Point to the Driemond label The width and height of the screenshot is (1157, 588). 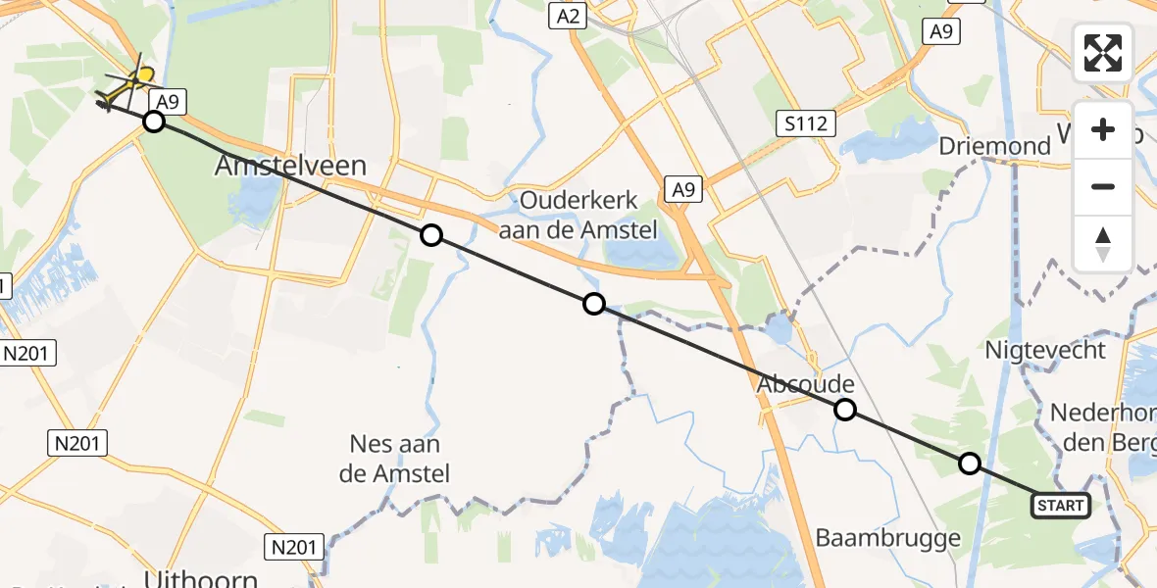994,147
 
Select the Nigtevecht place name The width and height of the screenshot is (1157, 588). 1044,350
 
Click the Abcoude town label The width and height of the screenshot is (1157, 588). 805,385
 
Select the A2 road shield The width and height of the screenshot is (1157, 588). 568,16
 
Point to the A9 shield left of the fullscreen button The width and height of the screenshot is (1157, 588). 939,32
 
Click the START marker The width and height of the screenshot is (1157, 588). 1060,506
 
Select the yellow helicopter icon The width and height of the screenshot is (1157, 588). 127,86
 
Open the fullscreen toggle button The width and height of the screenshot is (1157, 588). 1103,53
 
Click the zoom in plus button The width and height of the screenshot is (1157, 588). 1103,129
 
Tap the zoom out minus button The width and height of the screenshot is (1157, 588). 1103,186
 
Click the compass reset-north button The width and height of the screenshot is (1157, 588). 1103,243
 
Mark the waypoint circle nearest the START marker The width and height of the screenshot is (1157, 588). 970,464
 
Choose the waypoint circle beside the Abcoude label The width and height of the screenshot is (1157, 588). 845,410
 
